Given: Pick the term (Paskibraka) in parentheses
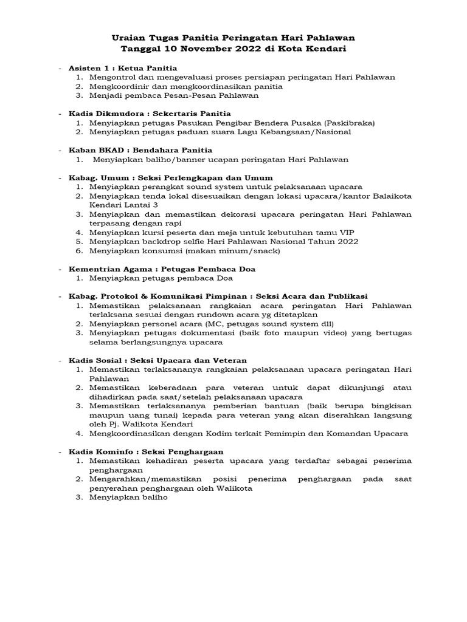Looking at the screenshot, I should pos(348,123).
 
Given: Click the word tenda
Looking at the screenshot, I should pos(152,196).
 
